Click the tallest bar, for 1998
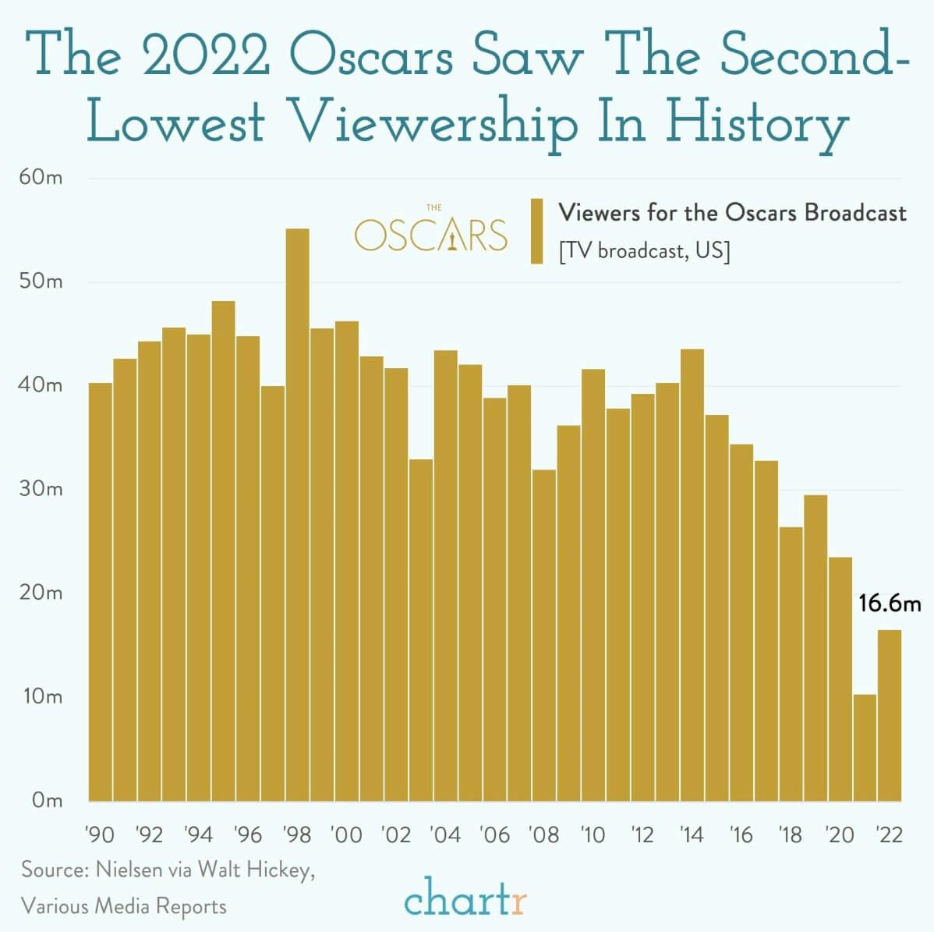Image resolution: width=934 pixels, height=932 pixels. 297,515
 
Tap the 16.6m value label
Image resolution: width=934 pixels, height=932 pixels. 890,603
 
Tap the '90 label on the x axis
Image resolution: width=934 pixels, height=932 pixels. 100,835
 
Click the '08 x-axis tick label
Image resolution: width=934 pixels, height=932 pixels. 543,835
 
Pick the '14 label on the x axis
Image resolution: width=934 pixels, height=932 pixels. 692,835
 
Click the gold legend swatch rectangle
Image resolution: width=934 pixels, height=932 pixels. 536,231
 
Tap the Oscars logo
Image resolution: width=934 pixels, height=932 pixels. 431,231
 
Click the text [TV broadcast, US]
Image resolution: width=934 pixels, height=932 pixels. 644,252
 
